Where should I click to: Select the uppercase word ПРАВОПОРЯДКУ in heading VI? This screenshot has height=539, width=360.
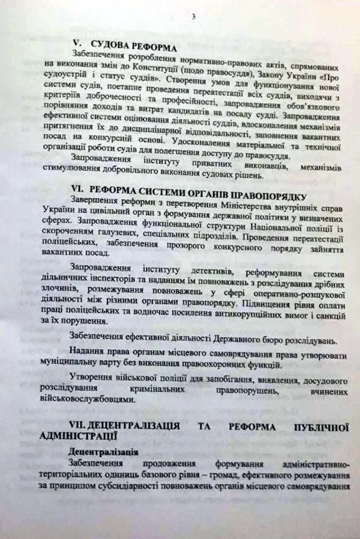pos(269,195)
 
